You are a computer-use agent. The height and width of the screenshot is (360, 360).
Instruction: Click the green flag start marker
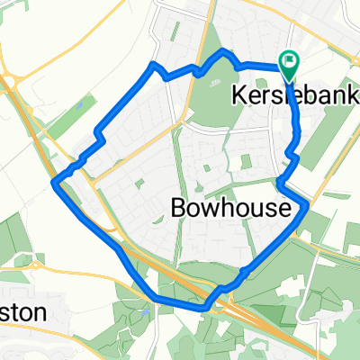point(290,65)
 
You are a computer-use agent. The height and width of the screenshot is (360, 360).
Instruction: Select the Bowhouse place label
point(229,209)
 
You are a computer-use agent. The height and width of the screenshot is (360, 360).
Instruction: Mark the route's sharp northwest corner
point(153,65)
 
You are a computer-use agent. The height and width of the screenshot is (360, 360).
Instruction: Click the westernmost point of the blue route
point(58,184)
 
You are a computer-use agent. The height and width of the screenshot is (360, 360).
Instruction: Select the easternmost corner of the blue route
point(307,205)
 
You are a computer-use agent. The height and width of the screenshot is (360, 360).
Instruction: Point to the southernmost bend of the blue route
point(205,308)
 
